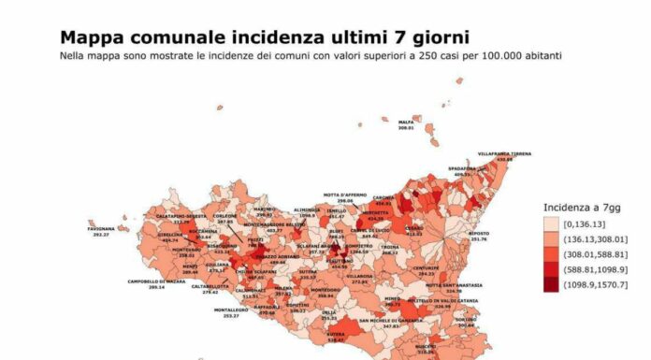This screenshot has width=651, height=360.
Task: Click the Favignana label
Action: [103, 228]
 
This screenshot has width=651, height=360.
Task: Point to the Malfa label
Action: [406, 122]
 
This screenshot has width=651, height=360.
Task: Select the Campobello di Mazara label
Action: [156, 281]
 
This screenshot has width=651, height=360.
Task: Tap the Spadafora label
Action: [461, 168]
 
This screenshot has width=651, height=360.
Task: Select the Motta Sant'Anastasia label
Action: [453, 284]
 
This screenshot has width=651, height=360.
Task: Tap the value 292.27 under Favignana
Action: [102, 235]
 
